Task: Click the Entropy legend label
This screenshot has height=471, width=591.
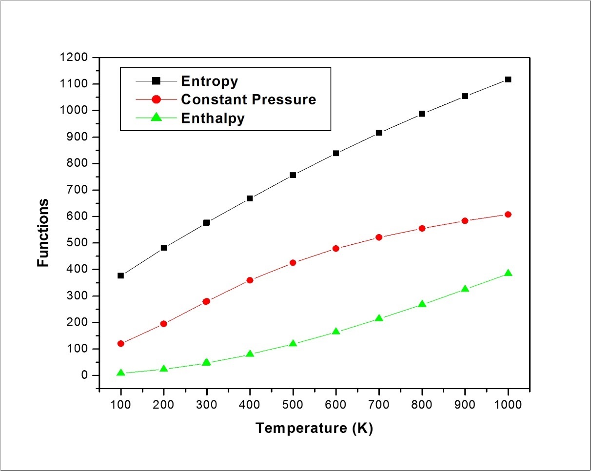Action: tap(209, 80)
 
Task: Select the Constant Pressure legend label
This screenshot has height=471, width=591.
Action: tap(248, 99)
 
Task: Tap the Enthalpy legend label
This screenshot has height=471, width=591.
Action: tap(213, 118)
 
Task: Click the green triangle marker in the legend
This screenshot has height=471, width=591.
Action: tap(156, 118)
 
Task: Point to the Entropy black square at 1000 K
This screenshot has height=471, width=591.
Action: tap(508, 79)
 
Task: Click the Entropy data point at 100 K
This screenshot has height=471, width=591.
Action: tap(121, 275)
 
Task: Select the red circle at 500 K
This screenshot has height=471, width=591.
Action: tap(293, 262)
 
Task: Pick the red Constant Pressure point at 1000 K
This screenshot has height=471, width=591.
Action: tap(508, 215)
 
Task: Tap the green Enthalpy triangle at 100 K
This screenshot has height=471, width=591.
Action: tap(121, 373)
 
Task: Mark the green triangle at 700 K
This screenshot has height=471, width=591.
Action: tap(379, 318)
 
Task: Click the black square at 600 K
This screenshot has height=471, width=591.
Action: tap(336, 153)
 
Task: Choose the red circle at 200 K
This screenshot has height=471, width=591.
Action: tap(164, 323)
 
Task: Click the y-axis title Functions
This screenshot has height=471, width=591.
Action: tap(43, 232)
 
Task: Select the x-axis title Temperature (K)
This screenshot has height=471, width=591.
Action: tap(314, 428)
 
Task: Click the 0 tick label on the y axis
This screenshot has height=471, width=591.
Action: tap(84, 375)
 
